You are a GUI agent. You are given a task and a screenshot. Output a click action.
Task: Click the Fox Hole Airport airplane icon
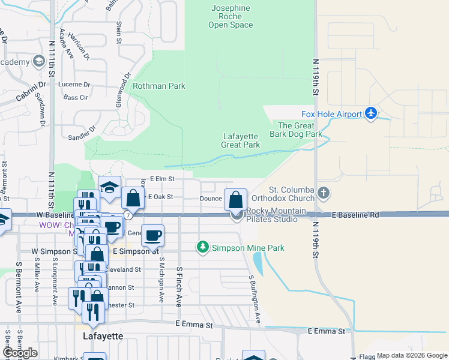[371, 113]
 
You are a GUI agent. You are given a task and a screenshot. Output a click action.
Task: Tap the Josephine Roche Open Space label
[231, 17]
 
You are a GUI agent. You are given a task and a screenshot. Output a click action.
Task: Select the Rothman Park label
[158, 86]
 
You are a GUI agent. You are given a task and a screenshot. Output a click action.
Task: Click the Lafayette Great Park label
[241, 140]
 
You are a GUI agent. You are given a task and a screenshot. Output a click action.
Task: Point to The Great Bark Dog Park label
[300, 130]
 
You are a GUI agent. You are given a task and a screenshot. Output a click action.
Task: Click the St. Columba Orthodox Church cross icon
[324, 193]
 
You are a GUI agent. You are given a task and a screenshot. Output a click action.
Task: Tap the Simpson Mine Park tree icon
[203, 247]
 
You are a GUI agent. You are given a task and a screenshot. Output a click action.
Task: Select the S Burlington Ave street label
[255, 299]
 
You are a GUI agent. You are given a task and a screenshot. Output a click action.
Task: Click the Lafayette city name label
[102, 336]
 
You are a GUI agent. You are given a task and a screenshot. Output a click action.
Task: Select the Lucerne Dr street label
[74, 85]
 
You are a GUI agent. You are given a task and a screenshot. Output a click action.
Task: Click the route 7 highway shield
[128, 215]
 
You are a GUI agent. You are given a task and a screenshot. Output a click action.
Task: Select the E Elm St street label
[162, 179]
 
